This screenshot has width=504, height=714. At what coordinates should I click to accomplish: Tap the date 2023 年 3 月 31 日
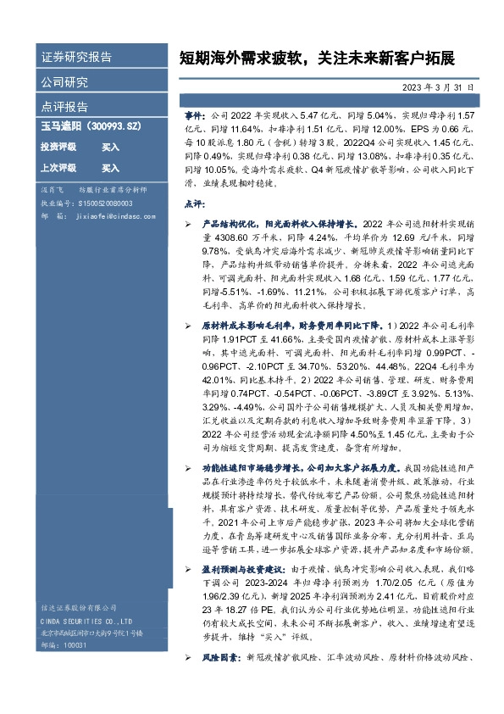coord(438,87)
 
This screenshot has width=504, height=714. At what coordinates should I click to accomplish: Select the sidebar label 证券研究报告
coord(77,58)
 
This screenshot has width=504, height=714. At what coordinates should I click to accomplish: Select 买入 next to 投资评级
coord(110,147)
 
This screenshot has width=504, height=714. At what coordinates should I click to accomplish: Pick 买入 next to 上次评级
coord(110,168)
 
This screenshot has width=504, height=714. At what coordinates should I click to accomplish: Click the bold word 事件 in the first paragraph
coord(194,113)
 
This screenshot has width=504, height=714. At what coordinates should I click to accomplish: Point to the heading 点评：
coord(194,204)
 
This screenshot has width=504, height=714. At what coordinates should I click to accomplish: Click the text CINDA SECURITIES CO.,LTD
coord(84,621)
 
